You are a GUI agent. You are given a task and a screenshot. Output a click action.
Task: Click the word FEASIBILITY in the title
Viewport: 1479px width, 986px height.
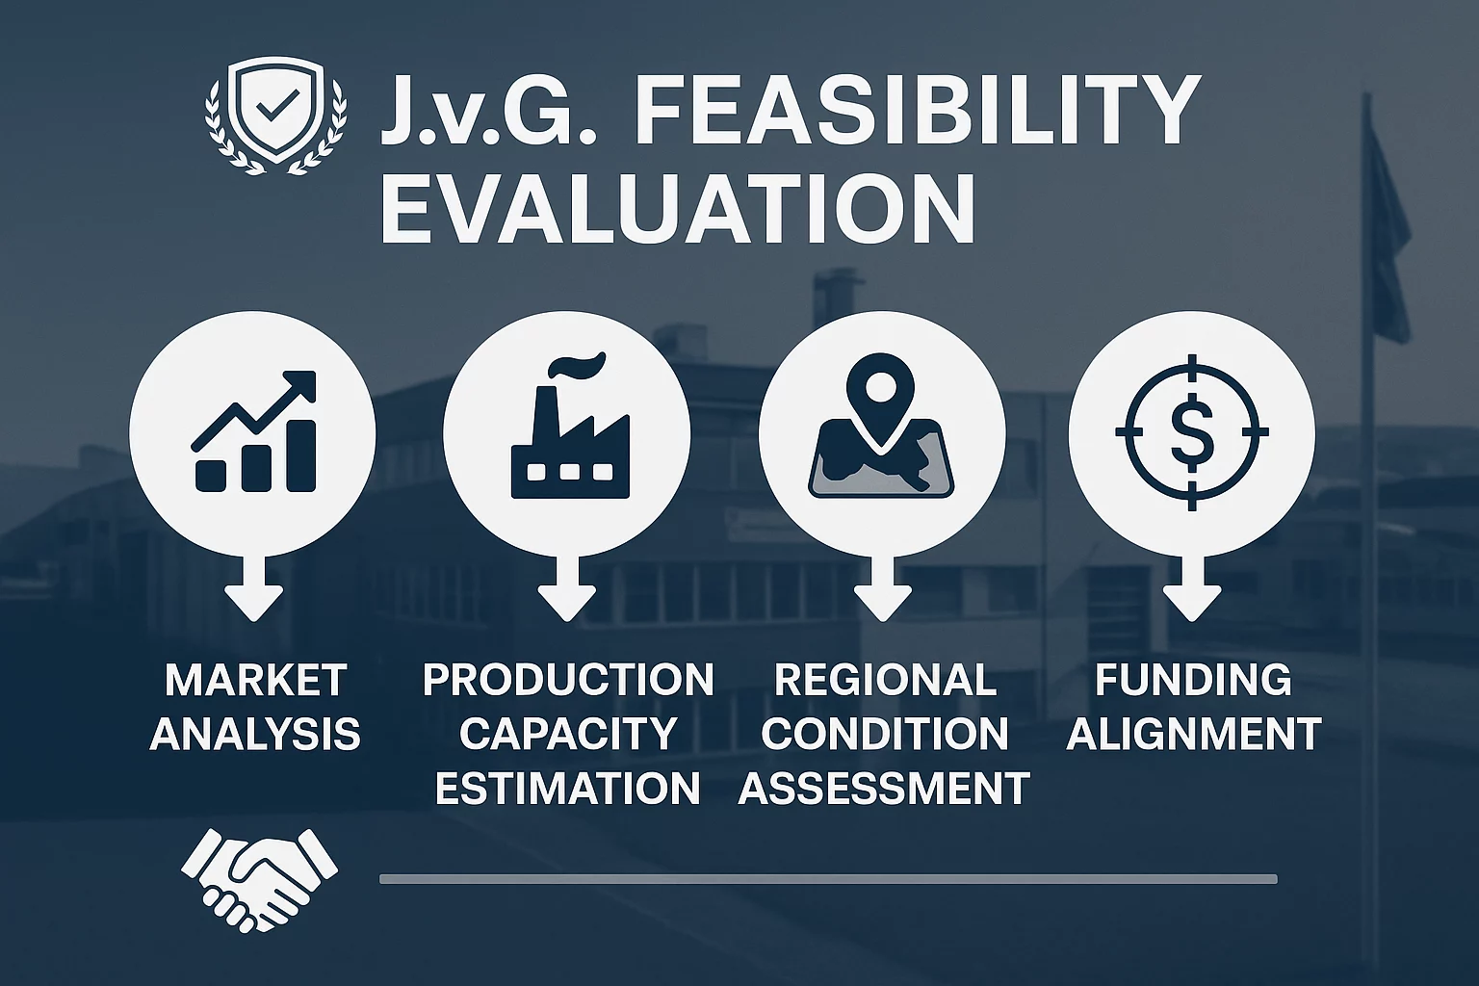pos(916,112)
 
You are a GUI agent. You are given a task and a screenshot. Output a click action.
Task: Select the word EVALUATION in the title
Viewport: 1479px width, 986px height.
pos(678,209)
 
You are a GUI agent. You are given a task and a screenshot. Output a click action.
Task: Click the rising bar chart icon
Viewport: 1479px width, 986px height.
pos(254,431)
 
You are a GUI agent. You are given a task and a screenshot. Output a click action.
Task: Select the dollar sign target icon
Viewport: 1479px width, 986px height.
pos(1192,432)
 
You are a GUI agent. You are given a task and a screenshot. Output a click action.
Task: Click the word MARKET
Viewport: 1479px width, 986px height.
pos(255,681)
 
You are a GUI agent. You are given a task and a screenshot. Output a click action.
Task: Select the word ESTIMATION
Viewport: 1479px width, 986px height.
pos(567,788)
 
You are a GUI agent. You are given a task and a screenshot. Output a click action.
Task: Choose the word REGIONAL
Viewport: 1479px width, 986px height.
pos(885,681)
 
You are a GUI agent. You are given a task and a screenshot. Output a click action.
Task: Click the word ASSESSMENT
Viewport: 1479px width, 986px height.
pos(884,788)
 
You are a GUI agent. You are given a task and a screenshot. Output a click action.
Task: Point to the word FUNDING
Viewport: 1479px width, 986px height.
pos(1193,681)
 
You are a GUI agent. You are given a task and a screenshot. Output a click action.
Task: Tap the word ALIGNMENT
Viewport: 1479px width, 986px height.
pos(1194,734)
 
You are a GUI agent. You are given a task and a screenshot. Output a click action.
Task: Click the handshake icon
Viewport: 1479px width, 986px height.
pos(259,879)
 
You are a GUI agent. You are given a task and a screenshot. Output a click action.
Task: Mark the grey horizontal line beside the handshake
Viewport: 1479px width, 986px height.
pos(828,879)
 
